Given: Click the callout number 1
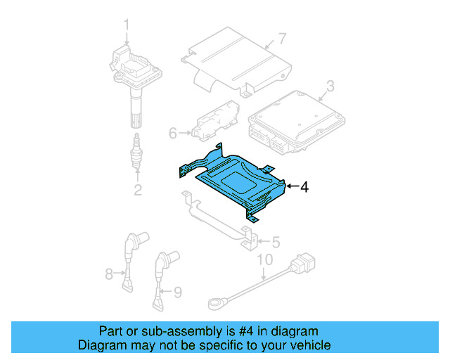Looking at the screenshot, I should (x=127, y=27).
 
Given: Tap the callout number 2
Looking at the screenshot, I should (x=138, y=190).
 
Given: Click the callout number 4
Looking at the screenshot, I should (x=303, y=187).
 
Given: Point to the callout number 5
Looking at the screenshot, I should (x=275, y=242).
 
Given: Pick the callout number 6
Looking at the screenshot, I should (x=173, y=131).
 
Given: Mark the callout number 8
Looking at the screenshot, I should (x=109, y=274).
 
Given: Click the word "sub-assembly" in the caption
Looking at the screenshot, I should (x=172, y=331).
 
